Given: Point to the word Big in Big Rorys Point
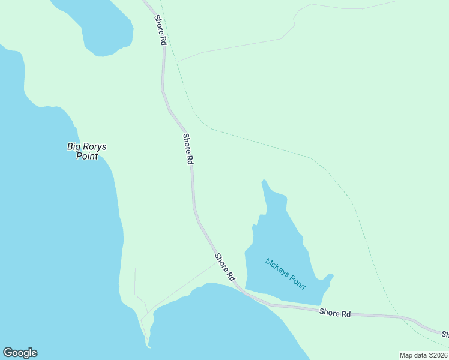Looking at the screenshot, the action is coord(73,146).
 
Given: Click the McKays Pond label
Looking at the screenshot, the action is coord(286,274).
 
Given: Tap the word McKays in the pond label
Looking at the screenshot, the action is coord(277,268).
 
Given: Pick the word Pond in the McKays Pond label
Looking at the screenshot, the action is coord(297,281).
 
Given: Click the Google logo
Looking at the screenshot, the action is coord(20,353).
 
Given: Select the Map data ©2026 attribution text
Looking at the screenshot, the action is coord(423,355).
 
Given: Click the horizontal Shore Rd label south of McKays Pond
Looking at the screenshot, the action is coord(334,313).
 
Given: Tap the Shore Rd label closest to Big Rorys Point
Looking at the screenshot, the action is coord(188,149).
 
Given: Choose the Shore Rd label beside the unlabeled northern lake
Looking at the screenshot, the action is coord(160,30).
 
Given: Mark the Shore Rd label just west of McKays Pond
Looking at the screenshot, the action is coord(224,268).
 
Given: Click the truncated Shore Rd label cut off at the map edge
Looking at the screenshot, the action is coord(445,334).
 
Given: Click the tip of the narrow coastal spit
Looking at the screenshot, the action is coord(148,345).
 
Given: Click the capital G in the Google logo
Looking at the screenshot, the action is coord(8,353).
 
